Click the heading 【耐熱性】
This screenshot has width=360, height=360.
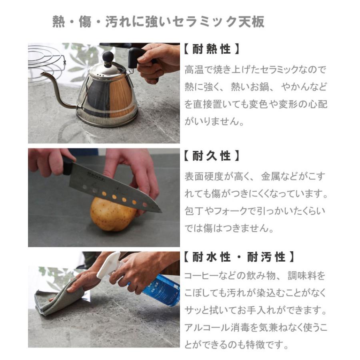coord(212,50)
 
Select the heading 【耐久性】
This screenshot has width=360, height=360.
coord(212,156)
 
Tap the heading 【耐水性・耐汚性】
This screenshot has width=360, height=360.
coord(239,257)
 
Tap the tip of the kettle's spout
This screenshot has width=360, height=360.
coord(42,74)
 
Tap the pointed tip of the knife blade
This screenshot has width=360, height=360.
coord(160,211)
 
